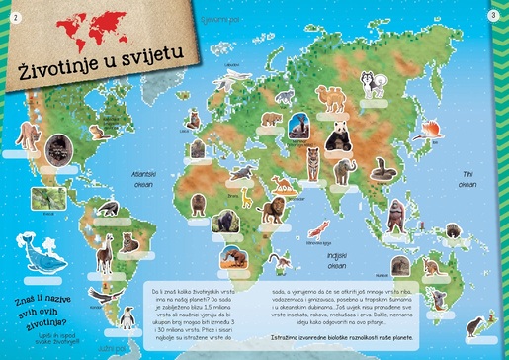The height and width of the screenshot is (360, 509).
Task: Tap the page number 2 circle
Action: [x=15, y=15]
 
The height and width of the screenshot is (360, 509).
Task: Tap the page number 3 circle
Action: [x=493, y=15]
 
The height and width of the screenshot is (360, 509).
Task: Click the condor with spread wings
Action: [x=100, y=294]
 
